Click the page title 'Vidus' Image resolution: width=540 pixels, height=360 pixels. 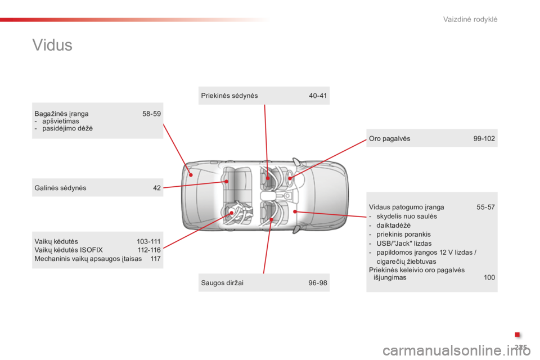tap(52, 45)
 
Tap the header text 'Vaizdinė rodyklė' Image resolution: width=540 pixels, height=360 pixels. tap(470, 19)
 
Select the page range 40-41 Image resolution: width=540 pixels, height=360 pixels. tap(318, 96)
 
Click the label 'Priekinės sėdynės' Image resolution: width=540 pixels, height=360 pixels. tap(229, 96)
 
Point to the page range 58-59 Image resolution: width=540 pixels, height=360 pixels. tap(151, 114)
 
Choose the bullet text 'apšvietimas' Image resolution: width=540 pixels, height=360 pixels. tap(61, 121)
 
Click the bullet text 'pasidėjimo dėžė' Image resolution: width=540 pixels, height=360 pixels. tap(67, 128)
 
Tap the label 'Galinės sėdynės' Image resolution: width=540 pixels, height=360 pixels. tap(60, 188)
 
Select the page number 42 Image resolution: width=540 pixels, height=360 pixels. tap(157, 188)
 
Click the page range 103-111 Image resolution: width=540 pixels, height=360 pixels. tap(148, 241)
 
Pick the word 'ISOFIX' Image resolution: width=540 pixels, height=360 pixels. tap(91, 250)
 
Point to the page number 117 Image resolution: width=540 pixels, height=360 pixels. tap(156, 259)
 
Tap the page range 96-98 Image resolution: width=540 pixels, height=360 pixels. tap(318, 283)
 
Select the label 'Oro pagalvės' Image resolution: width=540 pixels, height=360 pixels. tap(389, 139)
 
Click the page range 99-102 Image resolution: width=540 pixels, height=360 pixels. tap(484, 139)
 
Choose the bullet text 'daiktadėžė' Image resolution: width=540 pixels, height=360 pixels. tap(394, 226)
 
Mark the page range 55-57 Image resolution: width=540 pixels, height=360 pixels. tap(485, 208)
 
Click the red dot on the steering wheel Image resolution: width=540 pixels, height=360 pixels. tap(290, 178)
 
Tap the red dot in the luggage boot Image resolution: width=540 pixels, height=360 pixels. tap(191, 175)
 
